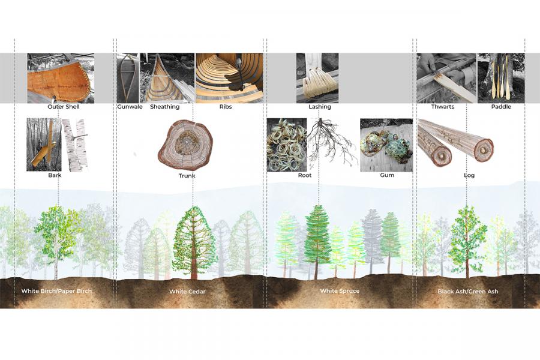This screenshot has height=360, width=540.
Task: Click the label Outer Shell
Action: (x=64, y=107)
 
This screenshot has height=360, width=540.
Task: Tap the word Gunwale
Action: (x=130, y=107)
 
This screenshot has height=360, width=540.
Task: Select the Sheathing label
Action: (x=164, y=107)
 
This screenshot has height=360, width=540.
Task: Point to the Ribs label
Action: (x=226, y=107)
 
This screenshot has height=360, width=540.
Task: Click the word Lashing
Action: (x=320, y=107)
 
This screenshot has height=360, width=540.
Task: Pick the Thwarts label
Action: (x=443, y=107)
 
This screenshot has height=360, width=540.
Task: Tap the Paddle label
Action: (x=501, y=107)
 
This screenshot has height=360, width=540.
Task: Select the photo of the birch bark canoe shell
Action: (x=61, y=78)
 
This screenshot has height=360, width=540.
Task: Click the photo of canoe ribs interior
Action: (x=229, y=78)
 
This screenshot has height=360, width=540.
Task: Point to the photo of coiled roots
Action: (x=287, y=145)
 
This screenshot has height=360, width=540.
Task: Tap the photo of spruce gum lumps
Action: (x=386, y=145)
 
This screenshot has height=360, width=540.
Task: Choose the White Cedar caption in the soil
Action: (x=187, y=292)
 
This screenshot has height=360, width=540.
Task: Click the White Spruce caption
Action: (x=340, y=291)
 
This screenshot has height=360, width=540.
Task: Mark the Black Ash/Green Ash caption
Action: (x=467, y=292)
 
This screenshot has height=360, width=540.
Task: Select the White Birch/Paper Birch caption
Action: (x=56, y=291)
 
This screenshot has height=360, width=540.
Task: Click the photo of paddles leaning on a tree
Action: (x=501, y=78)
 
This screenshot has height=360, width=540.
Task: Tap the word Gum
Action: (x=387, y=175)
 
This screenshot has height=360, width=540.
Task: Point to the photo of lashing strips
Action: (x=317, y=78)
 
